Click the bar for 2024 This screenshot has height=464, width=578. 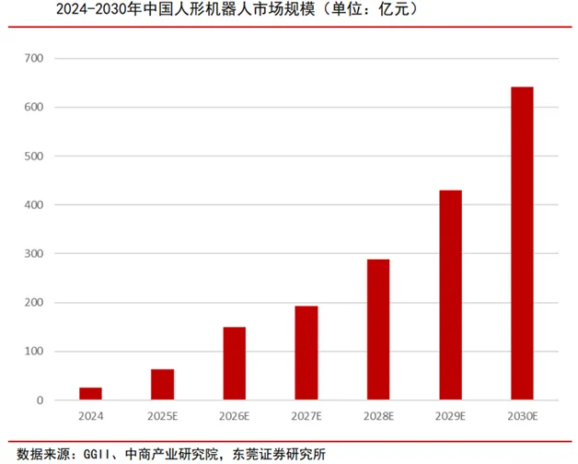90,394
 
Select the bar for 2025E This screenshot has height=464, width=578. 162,385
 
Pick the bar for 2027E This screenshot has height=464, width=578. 306,354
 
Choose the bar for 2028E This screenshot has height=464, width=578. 377,330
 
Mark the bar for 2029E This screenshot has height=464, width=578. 450,296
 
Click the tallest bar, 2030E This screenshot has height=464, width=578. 522,244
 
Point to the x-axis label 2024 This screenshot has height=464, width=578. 90,417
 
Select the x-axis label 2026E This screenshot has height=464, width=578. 234,417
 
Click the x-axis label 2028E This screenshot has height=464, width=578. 377,417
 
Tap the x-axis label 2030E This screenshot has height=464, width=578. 522,417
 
